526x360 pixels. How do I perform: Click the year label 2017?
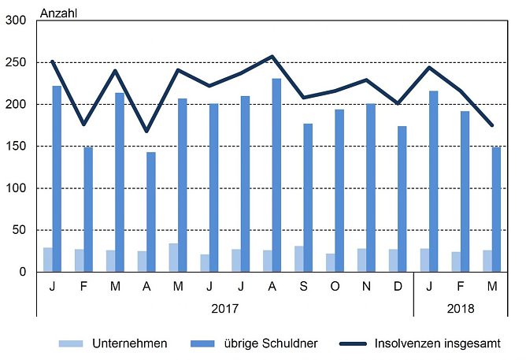click(x=224, y=309)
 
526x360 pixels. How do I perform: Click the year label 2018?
click(x=460, y=309)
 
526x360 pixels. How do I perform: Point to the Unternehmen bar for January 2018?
click(x=424, y=260)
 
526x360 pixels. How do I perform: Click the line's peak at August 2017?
click(x=272, y=56)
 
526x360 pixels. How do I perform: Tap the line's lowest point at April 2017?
click(x=146, y=132)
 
